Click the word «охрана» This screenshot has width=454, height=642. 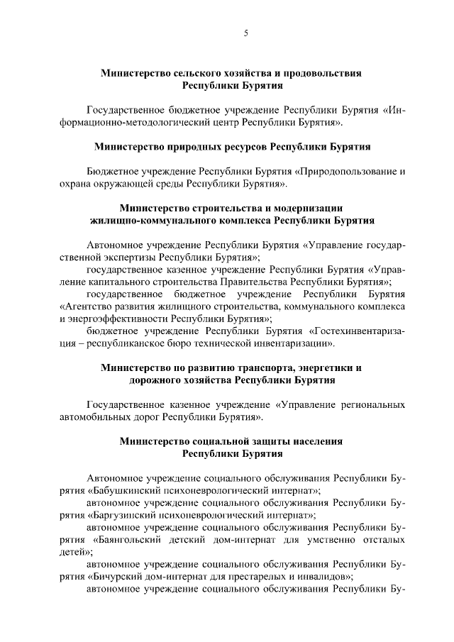[74, 184]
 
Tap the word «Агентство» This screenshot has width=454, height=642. [86, 306]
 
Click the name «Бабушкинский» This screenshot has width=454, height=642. [124, 490]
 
